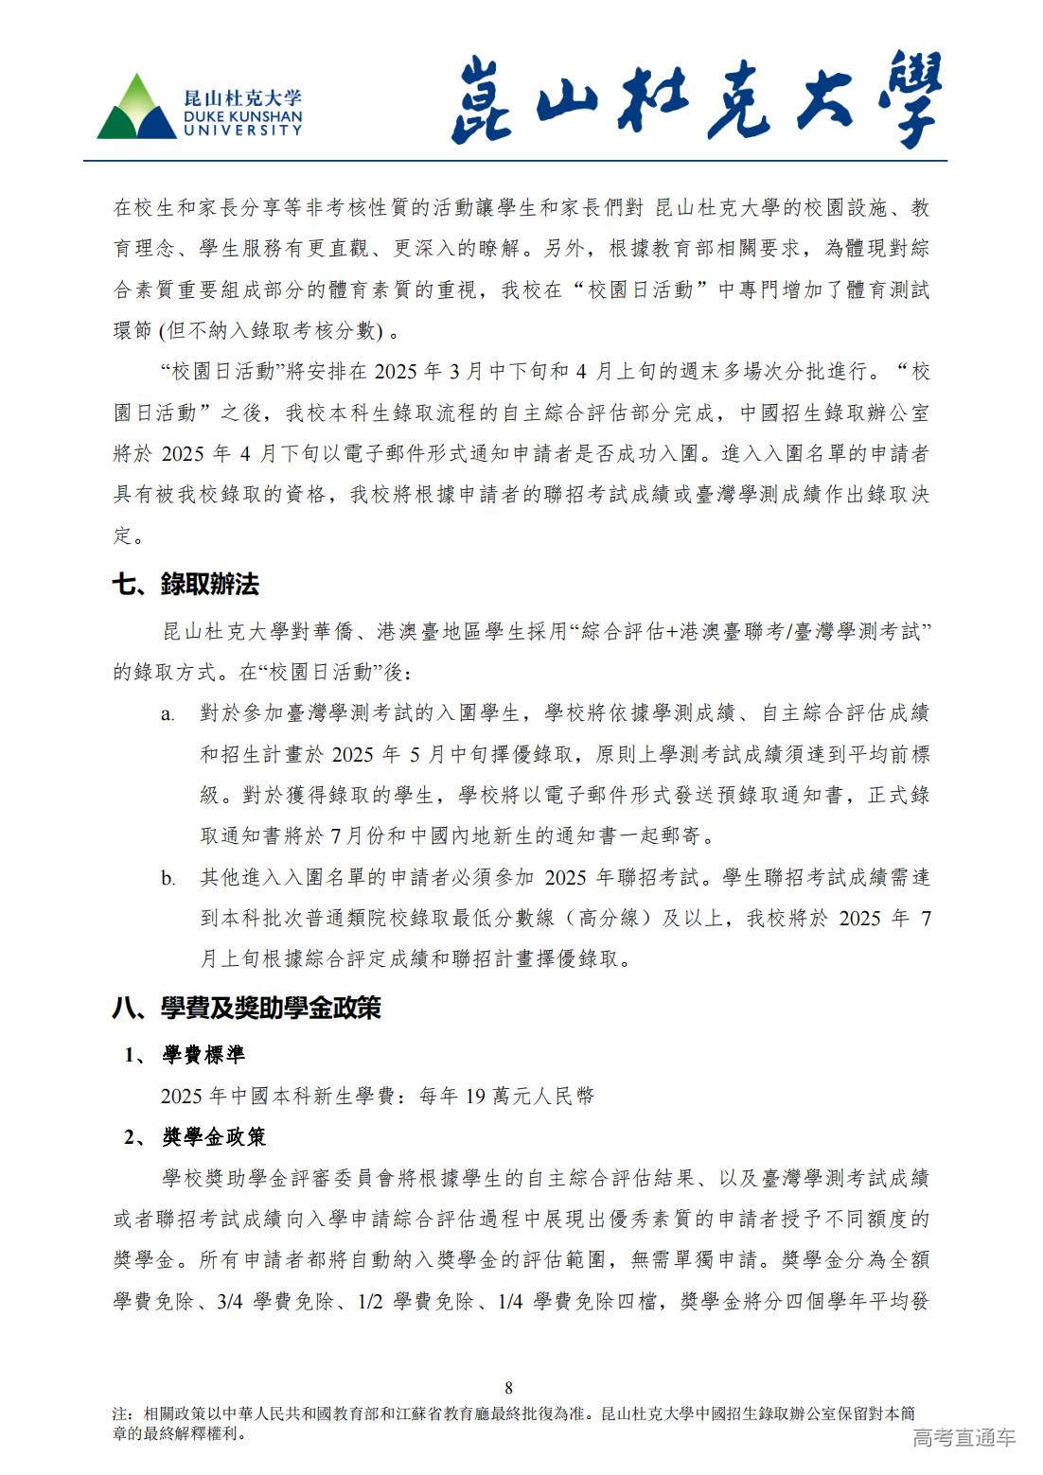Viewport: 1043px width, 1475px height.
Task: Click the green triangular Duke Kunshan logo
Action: pyautogui.click(x=137, y=109)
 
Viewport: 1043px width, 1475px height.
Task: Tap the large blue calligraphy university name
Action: pyautogui.click(x=697, y=102)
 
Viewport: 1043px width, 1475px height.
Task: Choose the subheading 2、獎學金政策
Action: pyautogui.click(x=197, y=1136)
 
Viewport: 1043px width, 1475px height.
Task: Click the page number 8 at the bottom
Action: pyautogui.click(x=509, y=1388)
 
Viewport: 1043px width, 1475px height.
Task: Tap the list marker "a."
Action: pyautogui.click(x=168, y=714)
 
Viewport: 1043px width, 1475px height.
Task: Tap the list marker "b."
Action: pyautogui.click(x=168, y=879)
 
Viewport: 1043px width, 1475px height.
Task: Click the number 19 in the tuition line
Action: pyautogui.click(x=476, y=1096)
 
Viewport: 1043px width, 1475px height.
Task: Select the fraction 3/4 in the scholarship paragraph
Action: pyautogui.click(x=230, y=1301)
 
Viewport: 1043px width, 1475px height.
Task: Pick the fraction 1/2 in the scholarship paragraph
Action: pyautogui.click(x=370, y=1301)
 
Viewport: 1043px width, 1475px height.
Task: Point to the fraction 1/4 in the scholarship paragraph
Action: pyautogui.click(x=511, y=1301)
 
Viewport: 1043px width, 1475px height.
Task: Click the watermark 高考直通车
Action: pyautogui.click(x=963, y=1438)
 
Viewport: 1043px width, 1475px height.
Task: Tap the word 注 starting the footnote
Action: pyautogui.click(x=119, y=1414)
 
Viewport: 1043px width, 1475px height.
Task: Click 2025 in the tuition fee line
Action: pyautogui.click(x=182, y=1096)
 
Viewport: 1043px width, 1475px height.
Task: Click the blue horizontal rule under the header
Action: pyautogui.click(x=516, y=161)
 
